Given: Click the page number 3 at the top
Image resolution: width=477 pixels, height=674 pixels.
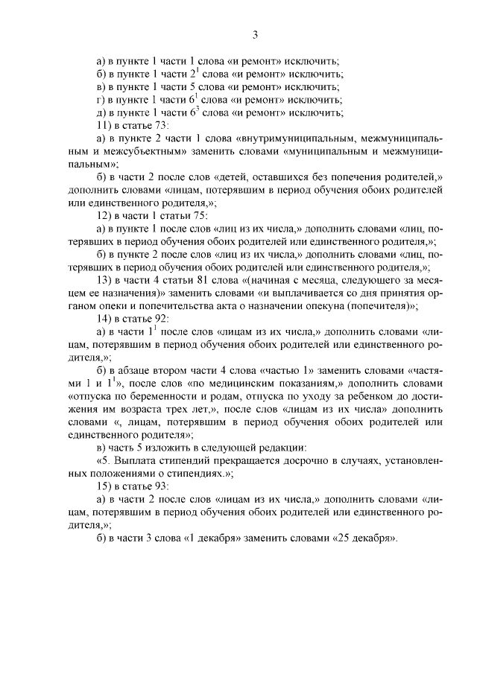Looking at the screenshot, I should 255,34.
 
